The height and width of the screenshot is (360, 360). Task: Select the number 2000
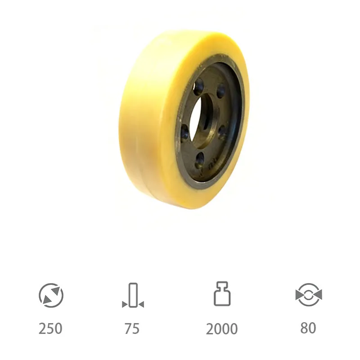pyautogui.click(x=221, y=329)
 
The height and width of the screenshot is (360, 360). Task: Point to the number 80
pyautogui.click(x=308, y=328)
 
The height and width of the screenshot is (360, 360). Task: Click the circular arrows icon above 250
pyautogui.click(x=51, y=295)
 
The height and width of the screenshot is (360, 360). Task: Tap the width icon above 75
pyautogui.click(x=132, y=295)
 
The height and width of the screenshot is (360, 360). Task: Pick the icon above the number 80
pyautogui.click(x=309, y=295)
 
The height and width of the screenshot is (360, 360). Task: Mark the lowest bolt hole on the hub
pyautogui.click(x=200, y=158)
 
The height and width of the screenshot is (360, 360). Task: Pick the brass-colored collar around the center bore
pyautogui.click(x=208, y=135)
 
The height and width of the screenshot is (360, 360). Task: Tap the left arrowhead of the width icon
pyautogui.click(x=124, y=305)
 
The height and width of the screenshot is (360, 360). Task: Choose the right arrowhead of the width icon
pyautogui.click(x=141, y=305)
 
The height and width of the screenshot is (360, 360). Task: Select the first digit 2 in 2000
pyautogui.click(x=210, y=329)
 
